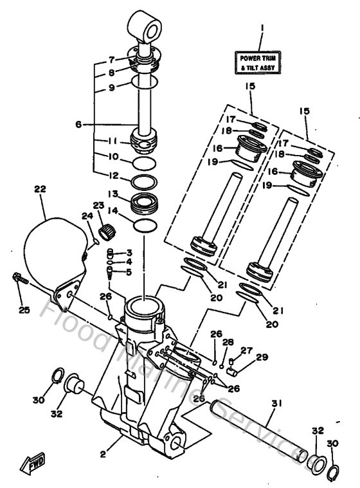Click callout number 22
(40, 189)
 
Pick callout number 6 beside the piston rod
(78, 125)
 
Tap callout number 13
(112, 194)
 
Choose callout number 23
(98, 206)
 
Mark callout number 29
(261, 357)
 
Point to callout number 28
(228, 343)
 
